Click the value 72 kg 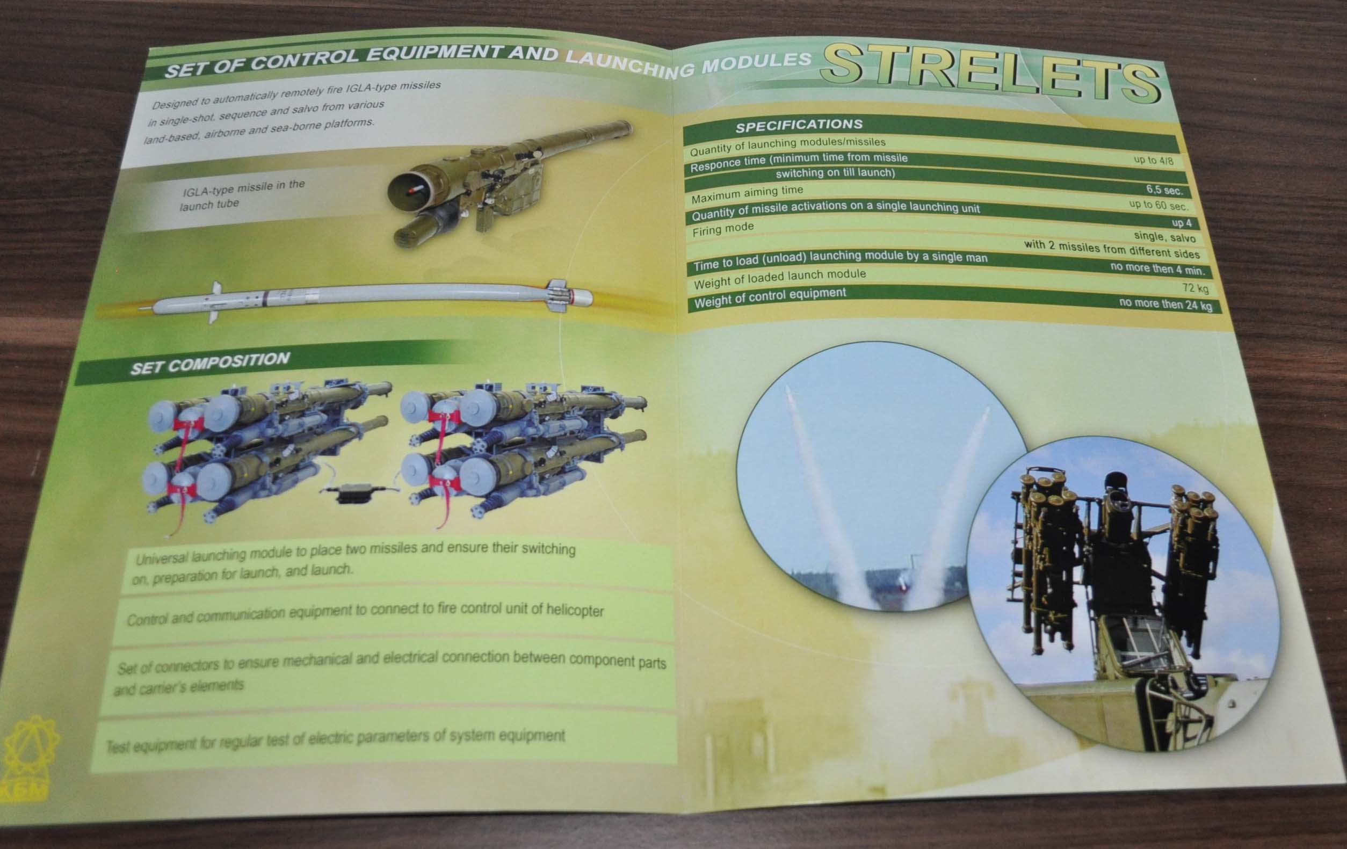(1196, 288)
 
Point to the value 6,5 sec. (1164, 190)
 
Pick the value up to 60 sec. (1158, 205)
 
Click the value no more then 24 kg (1166, 304)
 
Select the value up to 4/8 (1154, 161)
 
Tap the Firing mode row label (723, 229)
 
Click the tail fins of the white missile (561, 295)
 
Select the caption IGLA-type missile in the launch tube (242, 194)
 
